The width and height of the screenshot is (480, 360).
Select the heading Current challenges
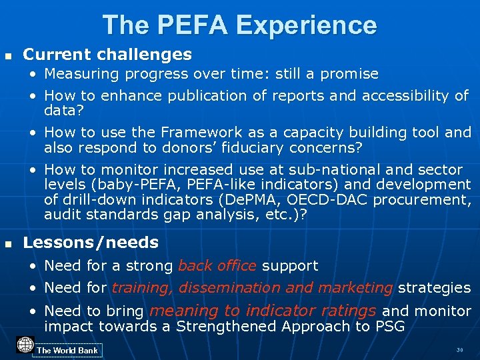click(107, 54)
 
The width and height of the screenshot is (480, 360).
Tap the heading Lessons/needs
click(91, 243)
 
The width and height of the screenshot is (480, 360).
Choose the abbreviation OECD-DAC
click(340, 200)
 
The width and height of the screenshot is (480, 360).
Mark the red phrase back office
click(217, 265)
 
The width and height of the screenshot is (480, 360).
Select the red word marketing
click(355, 288)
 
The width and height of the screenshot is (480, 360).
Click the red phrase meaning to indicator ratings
click(263, 310)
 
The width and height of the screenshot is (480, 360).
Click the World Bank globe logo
click(25, 345)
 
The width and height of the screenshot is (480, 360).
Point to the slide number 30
click(459, 350)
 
